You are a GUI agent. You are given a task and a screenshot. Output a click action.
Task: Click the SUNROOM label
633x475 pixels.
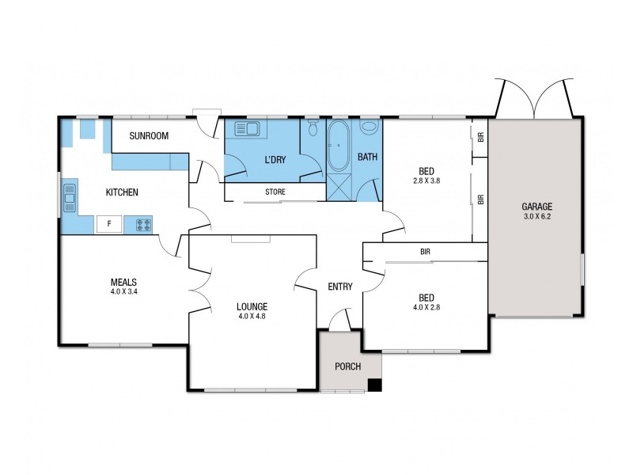click(x=150, y=136)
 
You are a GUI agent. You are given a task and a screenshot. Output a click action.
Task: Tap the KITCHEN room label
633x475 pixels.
click(x=122, y=192)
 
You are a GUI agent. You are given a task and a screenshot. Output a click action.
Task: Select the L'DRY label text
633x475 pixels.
click(x=275, y=161)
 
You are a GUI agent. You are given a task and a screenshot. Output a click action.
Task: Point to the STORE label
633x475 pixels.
click(x=275, y=192)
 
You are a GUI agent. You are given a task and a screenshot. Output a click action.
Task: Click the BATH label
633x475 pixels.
click(x=367, y=158)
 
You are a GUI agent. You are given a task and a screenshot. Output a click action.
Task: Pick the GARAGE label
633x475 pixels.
click(x=536, y=207)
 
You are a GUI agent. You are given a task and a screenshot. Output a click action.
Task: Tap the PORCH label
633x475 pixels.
click(x=347, y=367)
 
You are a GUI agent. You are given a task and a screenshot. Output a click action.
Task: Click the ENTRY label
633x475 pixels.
click(x=339, y=287)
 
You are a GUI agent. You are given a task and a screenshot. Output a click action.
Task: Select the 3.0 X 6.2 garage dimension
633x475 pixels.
click(x=536, y=216)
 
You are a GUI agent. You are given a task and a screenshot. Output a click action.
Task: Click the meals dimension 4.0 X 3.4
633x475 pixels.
click(x=124, y=291)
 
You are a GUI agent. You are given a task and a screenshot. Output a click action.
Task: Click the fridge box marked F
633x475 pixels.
click(x=108, y=224)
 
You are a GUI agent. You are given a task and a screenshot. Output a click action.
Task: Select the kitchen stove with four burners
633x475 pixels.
click(x=143, y=224)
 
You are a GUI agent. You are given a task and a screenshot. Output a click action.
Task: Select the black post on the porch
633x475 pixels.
click(x=375, y=385)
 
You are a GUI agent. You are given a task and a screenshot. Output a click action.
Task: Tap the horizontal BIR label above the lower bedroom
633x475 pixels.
click(x=425, y=252)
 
